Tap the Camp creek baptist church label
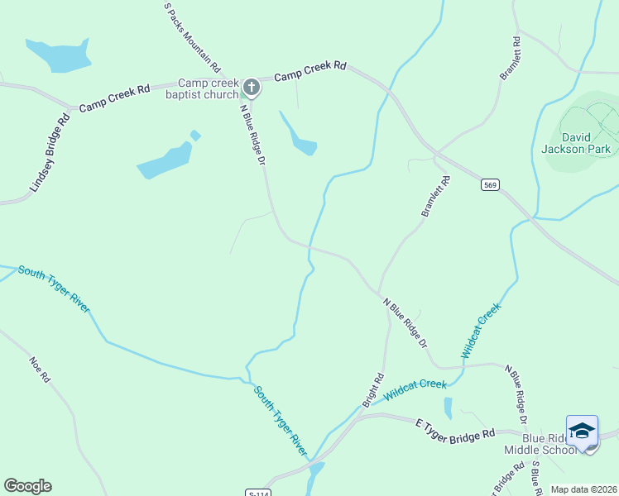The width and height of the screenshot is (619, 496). [209, 88]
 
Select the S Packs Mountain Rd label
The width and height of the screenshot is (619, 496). [192, 36]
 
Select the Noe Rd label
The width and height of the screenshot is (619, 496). [41, 369]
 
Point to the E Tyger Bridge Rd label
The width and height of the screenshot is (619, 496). [454, 428]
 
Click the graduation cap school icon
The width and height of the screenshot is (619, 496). [582, 431]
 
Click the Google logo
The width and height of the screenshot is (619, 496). [27, 486]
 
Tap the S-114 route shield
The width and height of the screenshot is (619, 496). [258, 493]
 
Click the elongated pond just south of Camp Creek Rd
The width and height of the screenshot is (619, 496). [299, 136]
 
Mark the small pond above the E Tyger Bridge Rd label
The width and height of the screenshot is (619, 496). [448, 408]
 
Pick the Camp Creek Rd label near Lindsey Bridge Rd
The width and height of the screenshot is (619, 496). [114, 97]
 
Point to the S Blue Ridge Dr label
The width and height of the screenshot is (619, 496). [535, 479]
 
